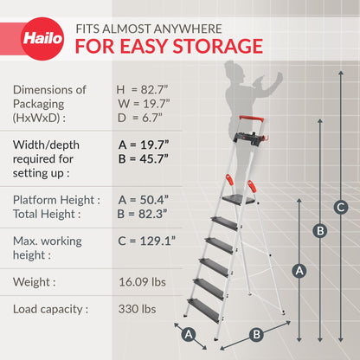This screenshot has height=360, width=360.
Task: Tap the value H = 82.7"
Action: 145,89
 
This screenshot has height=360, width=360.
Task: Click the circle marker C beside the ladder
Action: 341,206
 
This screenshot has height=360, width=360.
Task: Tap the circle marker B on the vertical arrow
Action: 320,230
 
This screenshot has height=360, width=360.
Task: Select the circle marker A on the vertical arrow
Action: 299,270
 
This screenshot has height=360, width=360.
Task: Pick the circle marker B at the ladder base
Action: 255,334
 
